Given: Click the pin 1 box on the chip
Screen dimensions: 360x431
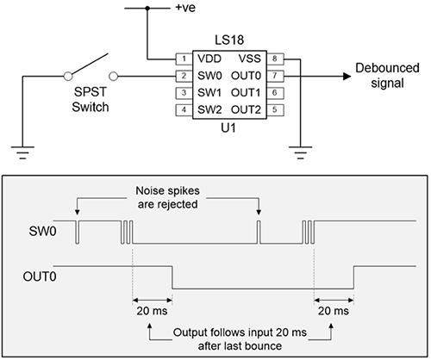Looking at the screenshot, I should (x=182, y=59).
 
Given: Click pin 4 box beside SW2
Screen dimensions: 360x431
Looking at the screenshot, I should (x=182, y=109).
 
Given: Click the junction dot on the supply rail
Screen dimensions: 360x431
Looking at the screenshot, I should (x=147, y=9).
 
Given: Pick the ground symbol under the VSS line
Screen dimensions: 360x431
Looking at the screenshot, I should (x=299, y=156).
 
